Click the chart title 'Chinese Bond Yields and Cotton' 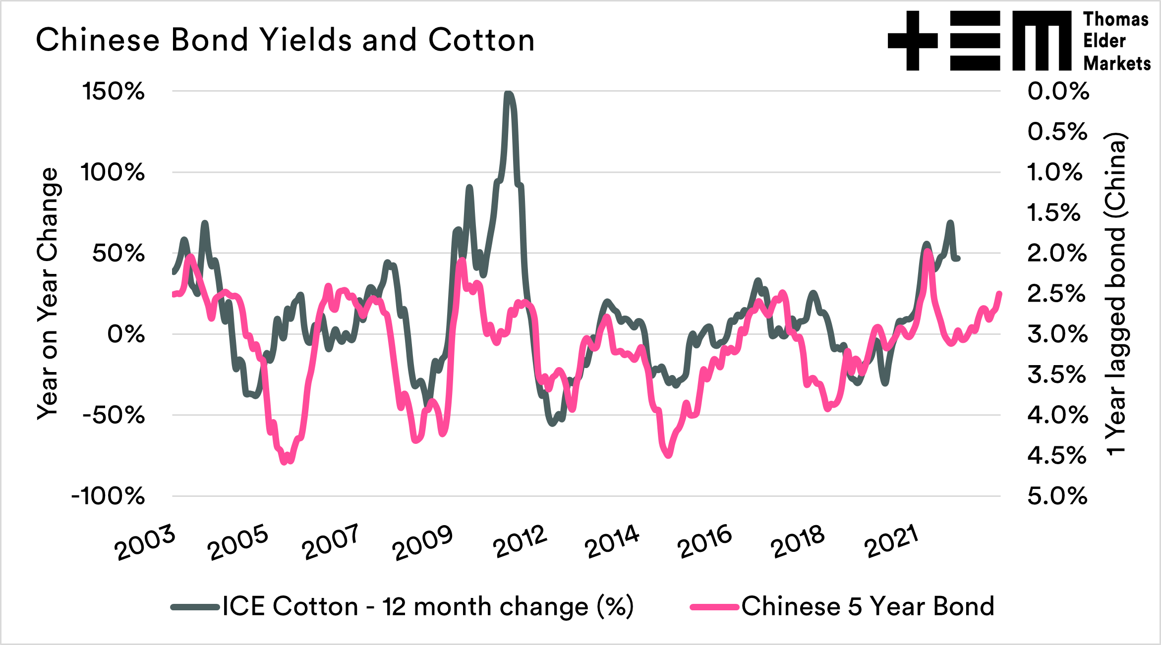click(285, 40)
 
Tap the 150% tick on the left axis click(114, 92)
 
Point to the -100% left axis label click(108, 496)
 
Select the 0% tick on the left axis click(126, 334)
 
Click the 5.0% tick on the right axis click(1057, 496)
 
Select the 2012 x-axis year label click(520, 542)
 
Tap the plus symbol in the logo click(913, 41)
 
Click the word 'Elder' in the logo click(1104, 41)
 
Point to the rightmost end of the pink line click(1000, 293)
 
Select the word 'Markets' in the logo click(1116, 63)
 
